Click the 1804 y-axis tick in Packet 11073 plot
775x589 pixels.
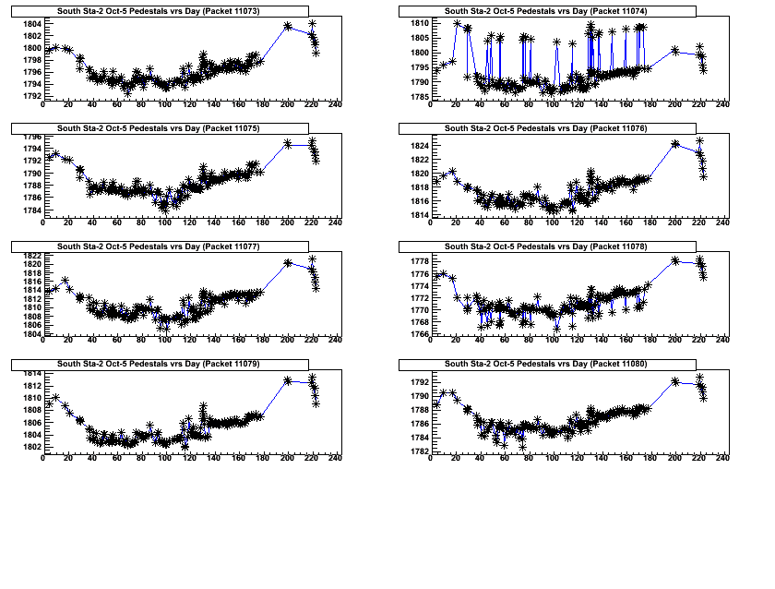(x=31, y=24)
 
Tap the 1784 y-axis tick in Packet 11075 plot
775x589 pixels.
(x=31, y=210)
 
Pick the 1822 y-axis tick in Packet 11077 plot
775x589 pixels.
(x=31, y=256)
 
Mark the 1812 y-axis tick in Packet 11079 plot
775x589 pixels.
(x=31, y=386)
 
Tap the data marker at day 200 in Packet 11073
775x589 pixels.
(x=287, y=26)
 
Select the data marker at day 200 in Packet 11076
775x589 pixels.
(x=675, y=144)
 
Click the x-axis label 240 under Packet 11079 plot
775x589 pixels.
(x=335, y=459)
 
